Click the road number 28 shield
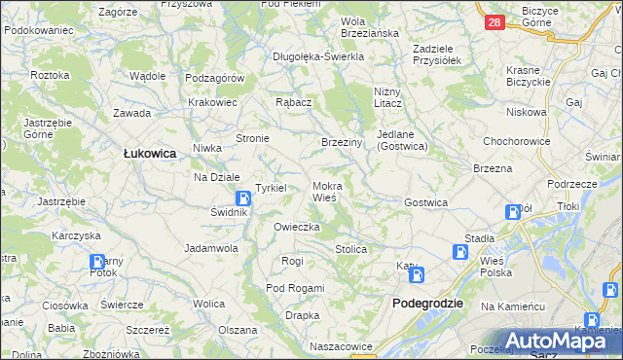click(495, 21)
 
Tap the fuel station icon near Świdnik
click(240, 198)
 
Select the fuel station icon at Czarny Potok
click(97, 262)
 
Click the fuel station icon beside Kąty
click(417, 275)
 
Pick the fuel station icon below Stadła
click(458, 252)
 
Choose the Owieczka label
click(297, 227)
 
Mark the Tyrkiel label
click(270, 187)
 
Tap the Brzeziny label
click(342, 142)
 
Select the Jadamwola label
click(211, 248)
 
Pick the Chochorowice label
click(516, 141)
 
